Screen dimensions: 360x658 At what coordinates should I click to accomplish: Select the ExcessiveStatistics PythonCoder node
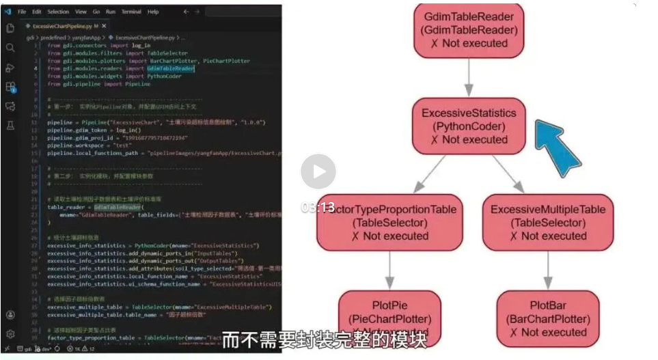point(469,126)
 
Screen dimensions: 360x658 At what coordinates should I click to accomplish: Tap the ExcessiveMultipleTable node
point(548,223)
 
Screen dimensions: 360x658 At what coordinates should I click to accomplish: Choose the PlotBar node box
point(547,318)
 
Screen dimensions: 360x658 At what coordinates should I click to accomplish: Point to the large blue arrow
point(556,148)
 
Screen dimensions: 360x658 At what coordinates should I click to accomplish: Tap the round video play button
point(318,171)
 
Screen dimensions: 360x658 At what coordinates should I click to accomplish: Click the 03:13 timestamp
point(318,208)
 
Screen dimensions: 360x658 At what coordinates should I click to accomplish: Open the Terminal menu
point(131,12)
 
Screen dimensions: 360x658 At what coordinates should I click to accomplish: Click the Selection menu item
point(58,12)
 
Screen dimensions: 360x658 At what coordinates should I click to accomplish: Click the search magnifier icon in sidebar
point(10,48)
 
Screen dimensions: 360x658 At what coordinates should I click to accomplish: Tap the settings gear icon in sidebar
point(10,334)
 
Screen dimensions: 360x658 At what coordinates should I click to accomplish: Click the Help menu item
point(153,12)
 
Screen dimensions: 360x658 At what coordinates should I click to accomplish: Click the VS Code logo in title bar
point(8,12)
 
